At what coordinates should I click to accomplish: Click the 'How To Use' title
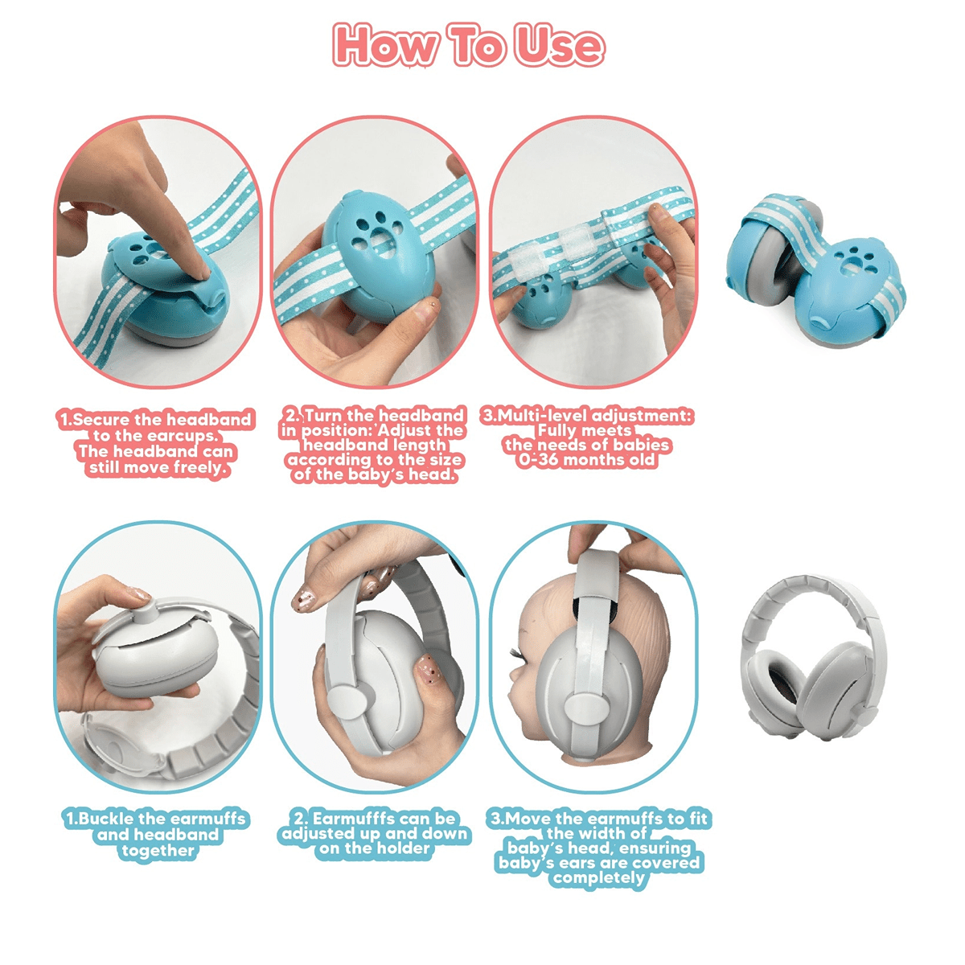468,44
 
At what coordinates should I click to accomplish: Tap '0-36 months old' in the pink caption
586,461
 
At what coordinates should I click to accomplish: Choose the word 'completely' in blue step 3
598,877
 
